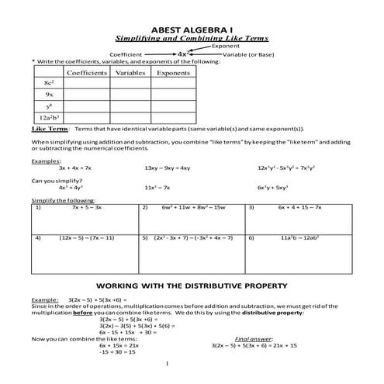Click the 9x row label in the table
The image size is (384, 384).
[48, 93]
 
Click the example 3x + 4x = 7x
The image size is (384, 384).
[75, 168]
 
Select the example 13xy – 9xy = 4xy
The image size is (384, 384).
[168, 168]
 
